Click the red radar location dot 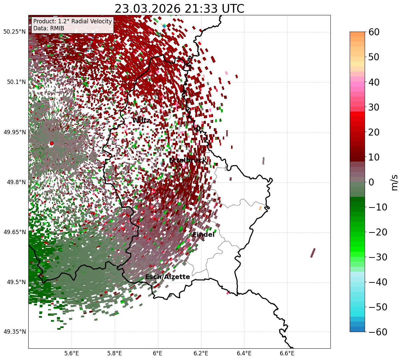tap(52, 144)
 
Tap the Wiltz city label tap(141, 121)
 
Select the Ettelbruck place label tap(188, 161)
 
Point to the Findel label tap(203, 234)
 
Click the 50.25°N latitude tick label tap(14, 32)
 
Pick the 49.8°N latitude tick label tap(14, 182)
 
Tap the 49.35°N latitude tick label tap(14, 332)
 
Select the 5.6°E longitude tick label tap(72, 353)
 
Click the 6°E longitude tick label tap(158, 353)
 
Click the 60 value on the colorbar tap(375, 32)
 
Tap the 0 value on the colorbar tap(371, 182)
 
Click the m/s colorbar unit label tap(395, 182)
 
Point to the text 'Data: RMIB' tap(49, 28)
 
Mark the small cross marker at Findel tap(203, 240)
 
